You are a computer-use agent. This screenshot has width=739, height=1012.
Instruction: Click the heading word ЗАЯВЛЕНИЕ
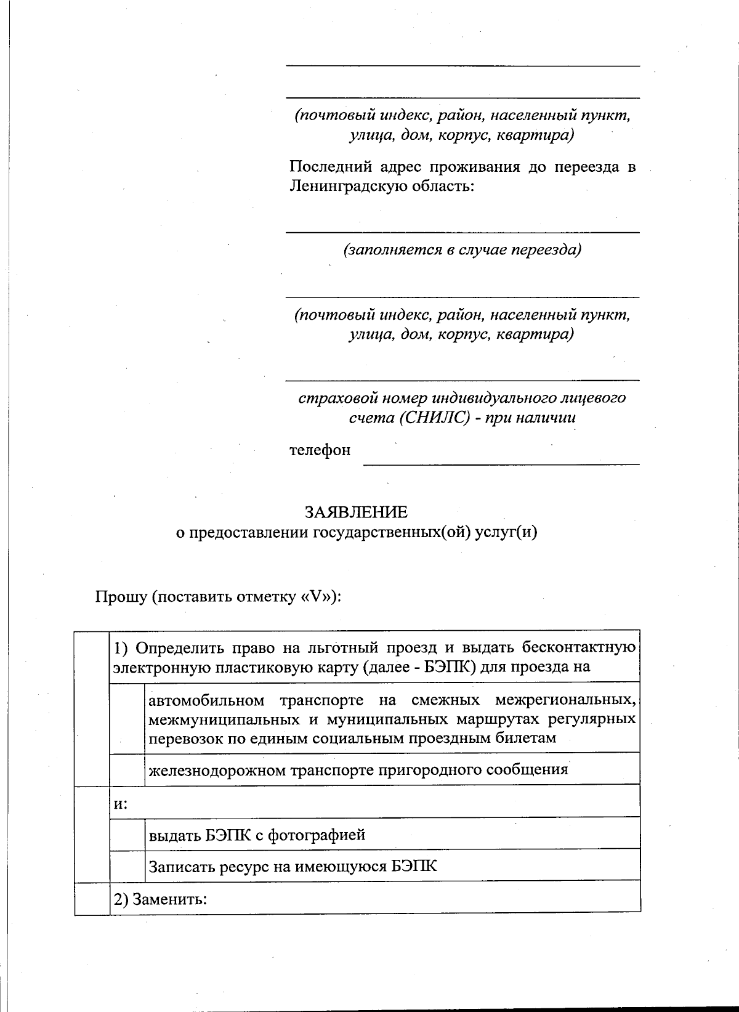click(x=357, y=512)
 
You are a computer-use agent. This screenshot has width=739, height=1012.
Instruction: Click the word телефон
click(x=320, y=450)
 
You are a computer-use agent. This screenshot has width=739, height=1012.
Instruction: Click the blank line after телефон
click(x=501, y=459)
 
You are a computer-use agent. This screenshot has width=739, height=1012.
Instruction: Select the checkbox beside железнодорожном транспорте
click(x=127, y=769)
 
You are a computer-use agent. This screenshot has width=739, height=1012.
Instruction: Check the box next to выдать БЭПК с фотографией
click(x=127, y=834)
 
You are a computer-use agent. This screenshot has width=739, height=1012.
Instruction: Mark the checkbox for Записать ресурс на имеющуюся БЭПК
click(x=127, y=865)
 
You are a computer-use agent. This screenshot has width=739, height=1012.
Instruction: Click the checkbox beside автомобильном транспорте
click(x=127, y=718)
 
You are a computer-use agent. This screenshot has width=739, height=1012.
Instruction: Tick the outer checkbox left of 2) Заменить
click(x=92, y=898)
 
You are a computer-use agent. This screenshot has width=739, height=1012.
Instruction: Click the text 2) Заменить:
click(x=160, y=899)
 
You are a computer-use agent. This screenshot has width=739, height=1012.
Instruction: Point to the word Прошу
click(x=121, y=597)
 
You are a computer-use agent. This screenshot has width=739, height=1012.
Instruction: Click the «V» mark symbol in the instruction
click(x=318, y=597)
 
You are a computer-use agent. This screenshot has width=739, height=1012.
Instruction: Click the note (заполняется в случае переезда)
click(x=462, y=249)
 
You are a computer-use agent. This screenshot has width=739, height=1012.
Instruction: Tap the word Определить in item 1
click(x=179, y=648)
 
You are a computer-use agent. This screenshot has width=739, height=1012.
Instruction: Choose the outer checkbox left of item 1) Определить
click(x=92, y=707)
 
